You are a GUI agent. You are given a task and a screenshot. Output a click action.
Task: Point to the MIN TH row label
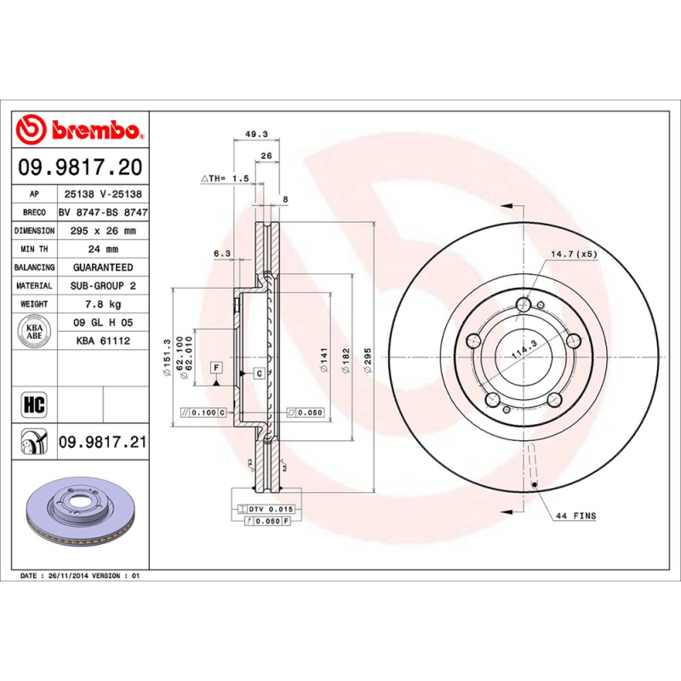(35, 249)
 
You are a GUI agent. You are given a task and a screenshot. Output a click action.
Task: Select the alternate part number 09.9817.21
(102, 443)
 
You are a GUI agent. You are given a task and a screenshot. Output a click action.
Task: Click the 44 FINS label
(575, 516)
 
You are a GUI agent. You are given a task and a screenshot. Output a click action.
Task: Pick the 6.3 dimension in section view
(222, 254)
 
